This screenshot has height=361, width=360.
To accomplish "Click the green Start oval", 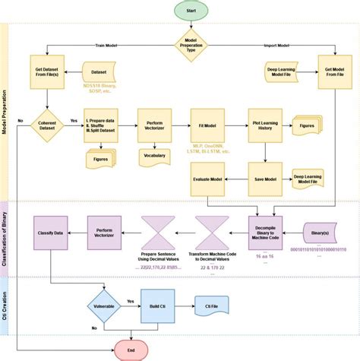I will click(x=191, y=11).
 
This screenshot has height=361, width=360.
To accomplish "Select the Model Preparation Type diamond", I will click(x=191, y=45).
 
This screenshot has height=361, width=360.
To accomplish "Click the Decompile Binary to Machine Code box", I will click(x=266, y=228).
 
